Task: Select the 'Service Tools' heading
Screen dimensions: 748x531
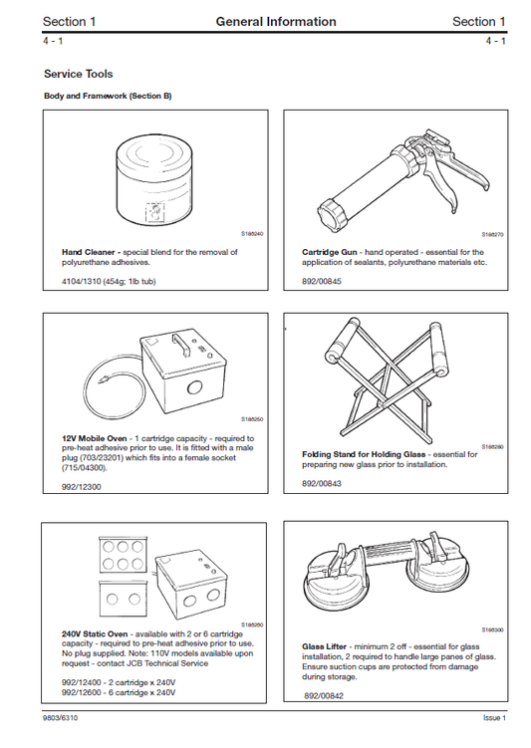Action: click(x=78, y=74)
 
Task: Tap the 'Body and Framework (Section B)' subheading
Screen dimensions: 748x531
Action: click(x=108, y=97)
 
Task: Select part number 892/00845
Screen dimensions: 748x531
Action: click(x=322, y=282)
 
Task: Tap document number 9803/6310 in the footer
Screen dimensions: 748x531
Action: click(x=62, y=718)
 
